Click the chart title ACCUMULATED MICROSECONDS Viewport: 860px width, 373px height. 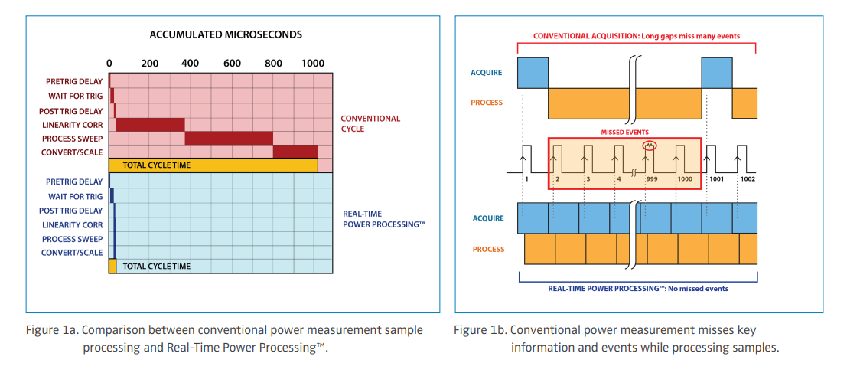tap(226, 34)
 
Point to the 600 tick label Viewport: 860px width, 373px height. tap(232, 63)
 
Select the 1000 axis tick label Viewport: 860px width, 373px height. tap(313, 63)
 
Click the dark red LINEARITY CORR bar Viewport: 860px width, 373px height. tap(150, 125)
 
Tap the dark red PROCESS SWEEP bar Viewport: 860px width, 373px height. tap(229, 139)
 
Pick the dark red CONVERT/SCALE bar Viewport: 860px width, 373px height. tap(295, 152)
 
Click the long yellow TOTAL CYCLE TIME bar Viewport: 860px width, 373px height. tap(213, 165)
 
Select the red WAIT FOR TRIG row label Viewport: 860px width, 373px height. tap(75, 97)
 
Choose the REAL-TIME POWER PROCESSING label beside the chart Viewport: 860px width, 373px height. tap(383, 218)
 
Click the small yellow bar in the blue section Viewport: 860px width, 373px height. tap(112, 266)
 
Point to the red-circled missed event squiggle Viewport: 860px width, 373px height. tap(650, 146)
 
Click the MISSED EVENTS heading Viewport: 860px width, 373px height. tap(624, 133)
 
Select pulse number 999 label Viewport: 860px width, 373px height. tap(651, 179)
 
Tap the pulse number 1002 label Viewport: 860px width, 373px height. tap(748, 179)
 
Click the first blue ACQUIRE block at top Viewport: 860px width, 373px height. tap(533, 73)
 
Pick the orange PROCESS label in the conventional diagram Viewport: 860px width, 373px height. tap(487, 102)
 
